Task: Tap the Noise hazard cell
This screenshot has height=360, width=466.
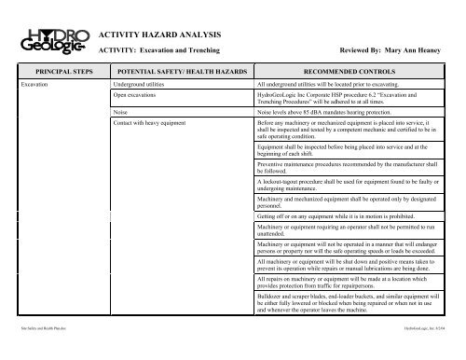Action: (120, 111)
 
